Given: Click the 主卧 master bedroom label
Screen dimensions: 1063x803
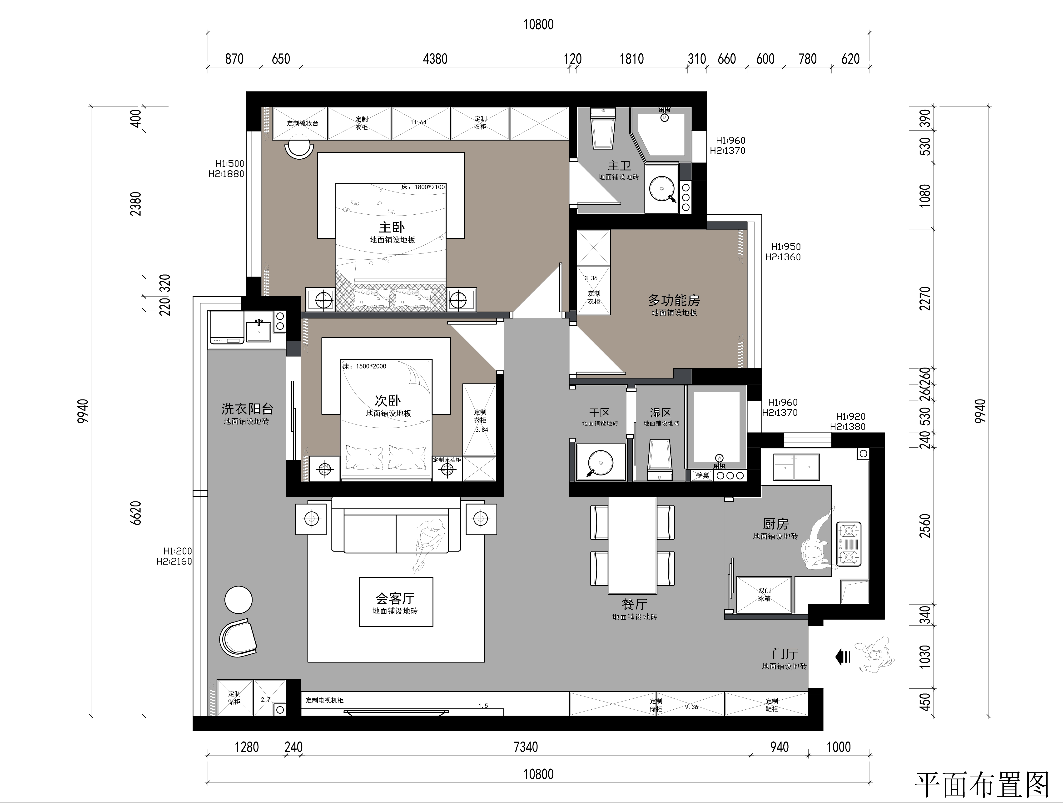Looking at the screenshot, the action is coord(392,227).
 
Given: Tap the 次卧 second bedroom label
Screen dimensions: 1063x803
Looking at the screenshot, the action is coord(387,400).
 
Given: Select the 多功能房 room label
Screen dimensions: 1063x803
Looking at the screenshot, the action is coord(674,301).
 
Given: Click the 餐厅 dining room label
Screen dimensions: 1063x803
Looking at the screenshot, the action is coord(634,604).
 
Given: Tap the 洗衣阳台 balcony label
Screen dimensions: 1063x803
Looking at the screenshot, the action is coord(247,409).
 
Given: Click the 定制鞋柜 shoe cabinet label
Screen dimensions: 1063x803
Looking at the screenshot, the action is coord(772,705).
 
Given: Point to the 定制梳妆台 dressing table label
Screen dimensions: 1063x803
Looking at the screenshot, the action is coord(303,123).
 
